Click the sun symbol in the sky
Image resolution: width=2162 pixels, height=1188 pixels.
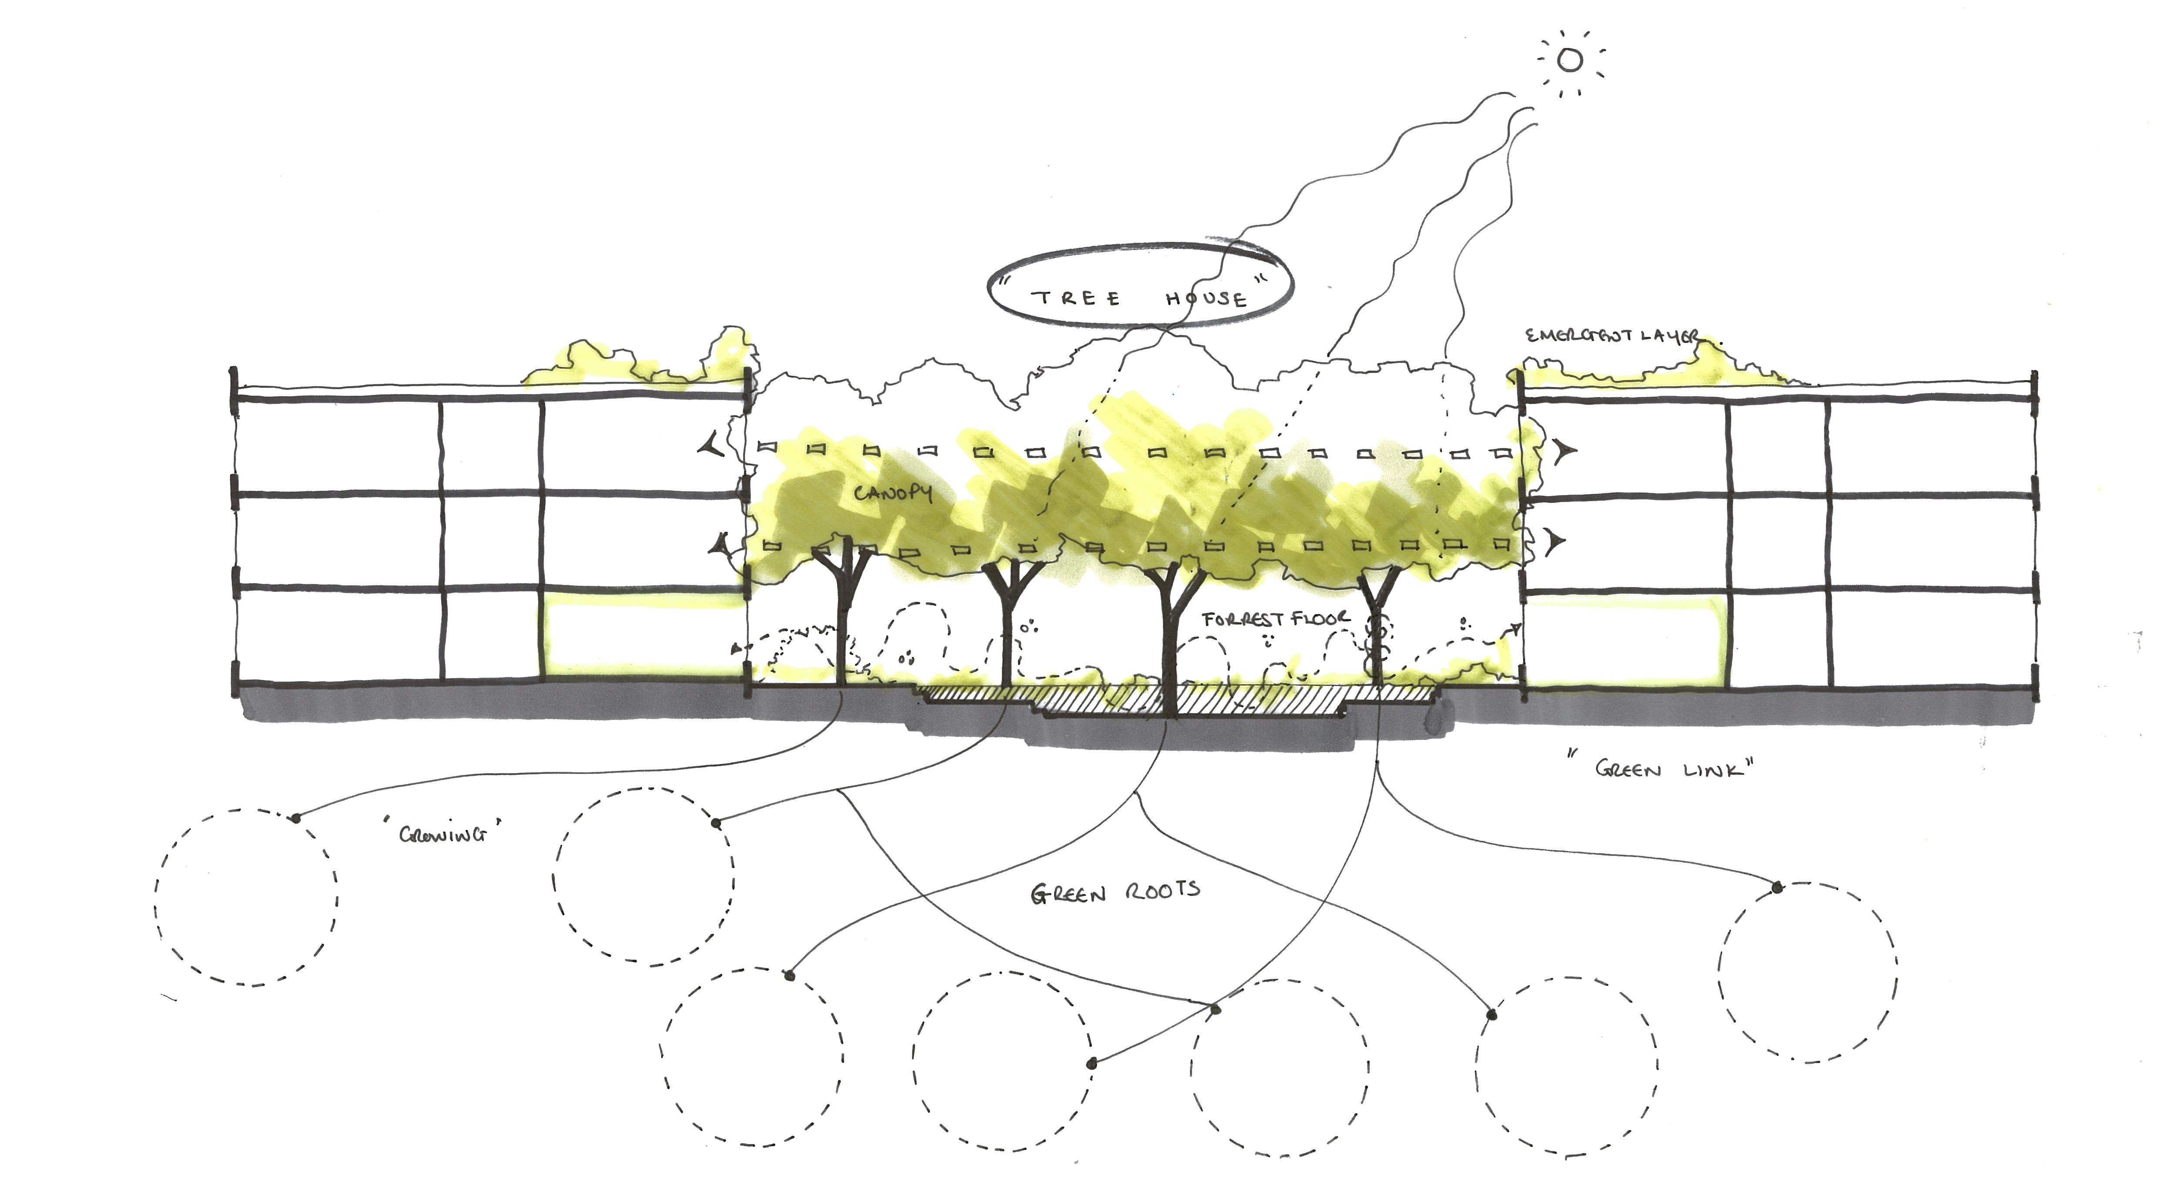pos(1570,61)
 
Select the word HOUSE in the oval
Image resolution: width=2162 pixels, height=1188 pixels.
pos(1206,298)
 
